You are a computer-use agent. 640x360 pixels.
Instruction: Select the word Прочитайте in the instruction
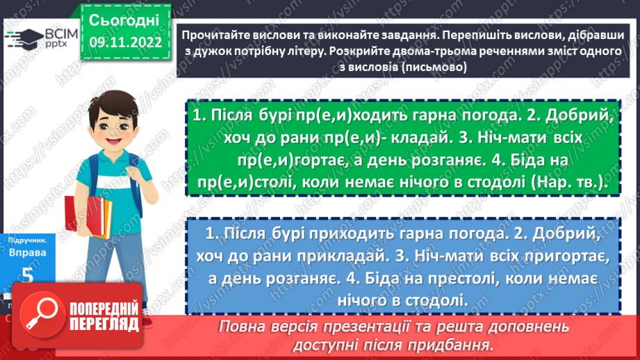pyautogui.click(x=213, y=35)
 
